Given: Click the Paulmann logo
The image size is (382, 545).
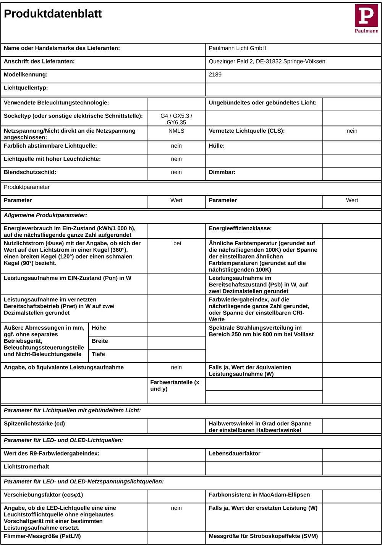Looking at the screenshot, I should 366,18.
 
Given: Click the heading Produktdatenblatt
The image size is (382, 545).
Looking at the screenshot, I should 53,14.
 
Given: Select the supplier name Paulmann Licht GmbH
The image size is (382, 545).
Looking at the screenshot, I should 237,48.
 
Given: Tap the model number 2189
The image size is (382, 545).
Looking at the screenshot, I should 215,75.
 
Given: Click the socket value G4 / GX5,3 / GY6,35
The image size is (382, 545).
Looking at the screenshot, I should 176,119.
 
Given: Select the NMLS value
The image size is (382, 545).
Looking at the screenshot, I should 176,131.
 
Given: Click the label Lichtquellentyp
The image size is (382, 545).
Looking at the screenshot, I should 26,88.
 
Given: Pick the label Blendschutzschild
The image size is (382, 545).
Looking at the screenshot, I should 30,172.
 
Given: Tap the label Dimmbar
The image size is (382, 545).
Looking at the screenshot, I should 222,172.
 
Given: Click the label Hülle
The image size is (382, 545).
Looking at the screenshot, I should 217,146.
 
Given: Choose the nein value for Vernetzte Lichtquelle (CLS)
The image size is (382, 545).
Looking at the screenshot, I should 352,131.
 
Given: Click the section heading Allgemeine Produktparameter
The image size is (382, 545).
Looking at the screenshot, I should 45,215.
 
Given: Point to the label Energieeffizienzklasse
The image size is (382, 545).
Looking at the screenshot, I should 240,228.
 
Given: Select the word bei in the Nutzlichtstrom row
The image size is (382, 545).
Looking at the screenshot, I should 177,243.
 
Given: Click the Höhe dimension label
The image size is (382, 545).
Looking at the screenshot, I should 99,328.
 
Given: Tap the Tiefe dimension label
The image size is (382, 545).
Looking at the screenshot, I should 98,354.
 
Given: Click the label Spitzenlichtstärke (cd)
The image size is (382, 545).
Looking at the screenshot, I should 34,424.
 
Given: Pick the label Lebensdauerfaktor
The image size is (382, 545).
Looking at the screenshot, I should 235,454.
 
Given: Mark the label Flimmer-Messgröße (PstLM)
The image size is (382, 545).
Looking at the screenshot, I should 42,536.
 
